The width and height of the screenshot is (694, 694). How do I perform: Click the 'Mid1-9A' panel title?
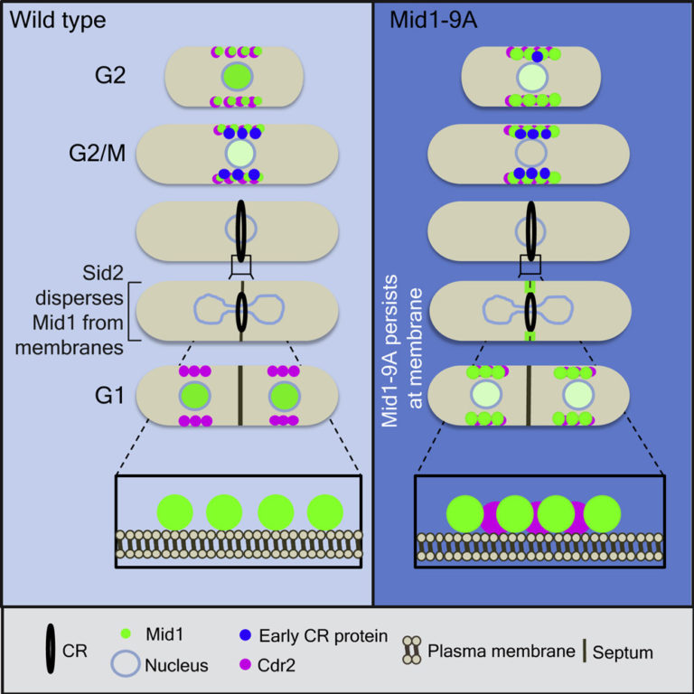(x=427, y=20)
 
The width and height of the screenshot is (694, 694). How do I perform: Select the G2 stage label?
(x=118, y=75)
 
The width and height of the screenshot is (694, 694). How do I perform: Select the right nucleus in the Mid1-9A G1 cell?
(x=577, y=395)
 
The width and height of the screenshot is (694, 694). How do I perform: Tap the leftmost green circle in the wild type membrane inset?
(x=173, y=511)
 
